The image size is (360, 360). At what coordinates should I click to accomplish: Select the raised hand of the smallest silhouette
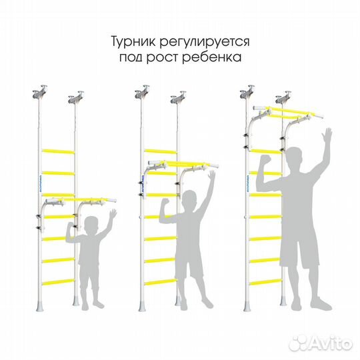[112, 215]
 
